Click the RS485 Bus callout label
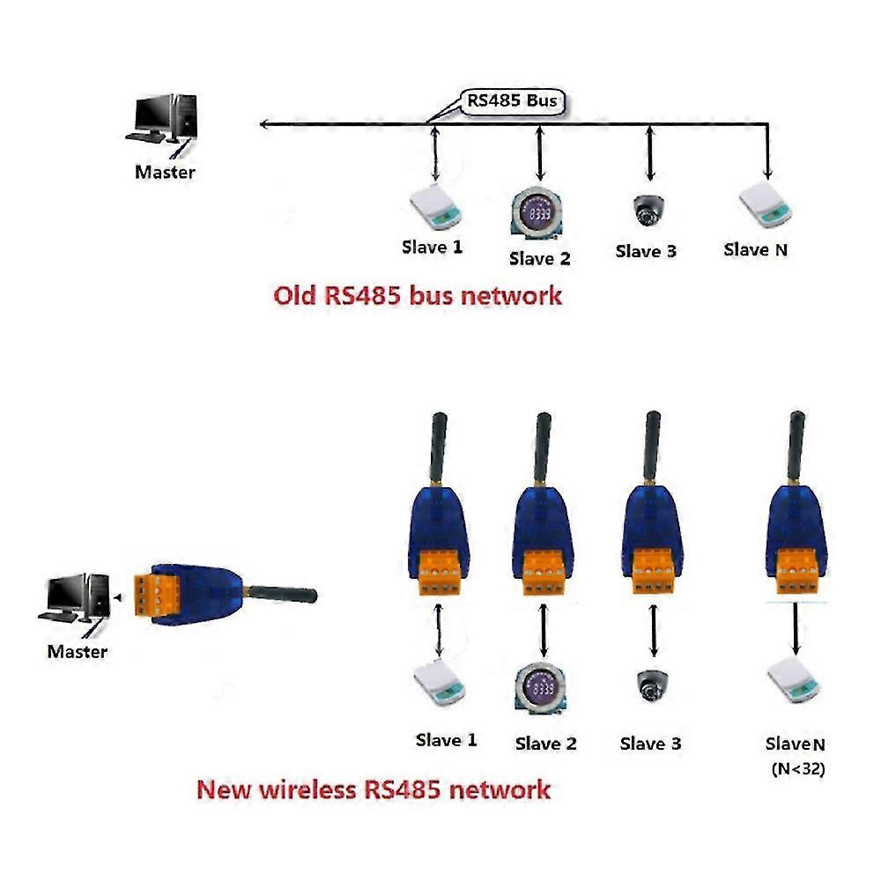512,101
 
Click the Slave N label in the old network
755,249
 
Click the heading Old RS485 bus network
417,295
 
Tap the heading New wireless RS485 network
374,788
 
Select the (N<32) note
797,768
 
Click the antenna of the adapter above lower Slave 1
438,449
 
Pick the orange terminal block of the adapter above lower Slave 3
653,571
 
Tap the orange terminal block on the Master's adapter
148,596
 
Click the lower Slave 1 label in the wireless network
446,740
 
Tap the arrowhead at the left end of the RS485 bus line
265,124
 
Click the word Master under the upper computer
165,172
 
